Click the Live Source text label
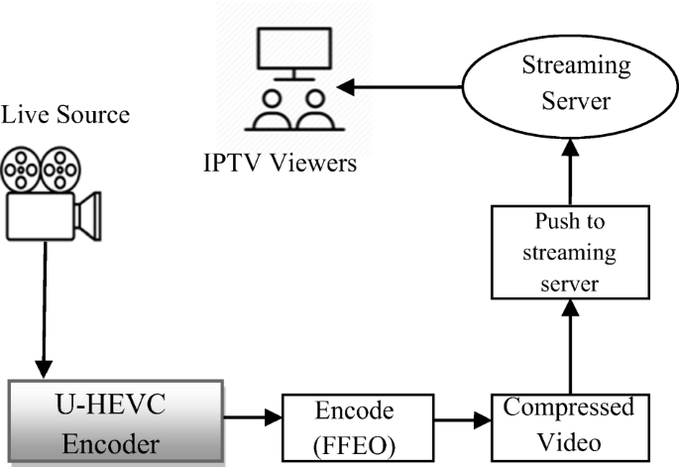pyautogui.click(x=65, y=115)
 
